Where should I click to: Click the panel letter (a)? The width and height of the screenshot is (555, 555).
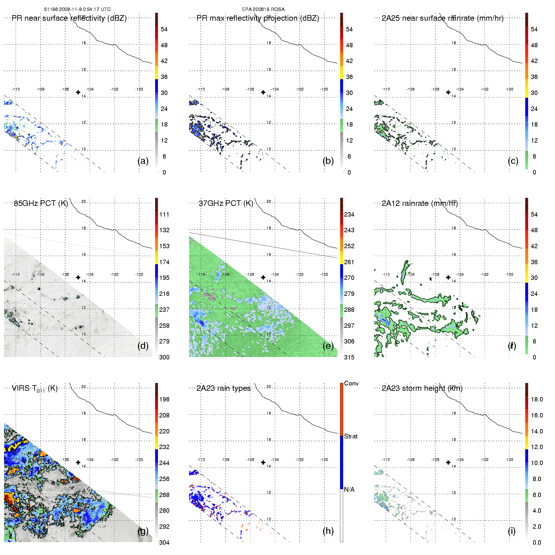click(x=143, y=161)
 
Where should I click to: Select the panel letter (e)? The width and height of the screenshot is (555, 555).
click(x=328, y=346)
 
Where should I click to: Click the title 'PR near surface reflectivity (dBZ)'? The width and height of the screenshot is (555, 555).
click(x=69, y=18)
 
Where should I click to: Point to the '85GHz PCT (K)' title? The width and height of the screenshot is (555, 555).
click(x=41, y=203)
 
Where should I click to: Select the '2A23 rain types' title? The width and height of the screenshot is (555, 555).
click(x=223, y=388)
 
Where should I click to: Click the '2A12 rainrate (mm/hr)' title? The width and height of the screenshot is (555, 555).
click(x=420, y=203)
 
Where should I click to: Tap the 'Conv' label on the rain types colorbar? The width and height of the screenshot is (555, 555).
click(x=351, y=383)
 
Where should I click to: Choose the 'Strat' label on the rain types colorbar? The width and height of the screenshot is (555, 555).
click(x=351, y=436)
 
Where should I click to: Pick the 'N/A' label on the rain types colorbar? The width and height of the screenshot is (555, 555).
click(x=349, y=490)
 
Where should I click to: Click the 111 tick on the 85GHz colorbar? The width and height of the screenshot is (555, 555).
click(x=164, y=214)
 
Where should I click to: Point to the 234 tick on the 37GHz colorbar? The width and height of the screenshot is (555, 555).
click(x=349, y=214)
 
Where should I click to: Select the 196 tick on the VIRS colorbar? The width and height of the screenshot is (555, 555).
click(x=164, y=399)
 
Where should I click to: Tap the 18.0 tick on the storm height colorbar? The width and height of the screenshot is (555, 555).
click(x=537, y=399)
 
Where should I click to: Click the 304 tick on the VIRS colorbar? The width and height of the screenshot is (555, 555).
click(x=164, y=542)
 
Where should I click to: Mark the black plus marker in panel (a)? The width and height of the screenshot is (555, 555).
click(x=78, y=92)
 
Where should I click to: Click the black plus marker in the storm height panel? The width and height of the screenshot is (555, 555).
click(x=448, y=462)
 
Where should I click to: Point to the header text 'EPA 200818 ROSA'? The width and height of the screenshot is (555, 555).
click(x=263, y=9)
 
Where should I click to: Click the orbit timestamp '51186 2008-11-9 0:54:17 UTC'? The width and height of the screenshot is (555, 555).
click(x=77, y=9)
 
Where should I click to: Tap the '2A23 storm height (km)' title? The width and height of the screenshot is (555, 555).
click(x=422, y=388)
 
